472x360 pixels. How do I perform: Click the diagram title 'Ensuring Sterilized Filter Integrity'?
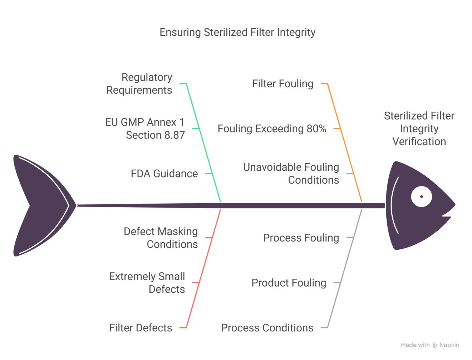tap(237, 32)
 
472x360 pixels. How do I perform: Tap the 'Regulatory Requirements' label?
tap(139, 84)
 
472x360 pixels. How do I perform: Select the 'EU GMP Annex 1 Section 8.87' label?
tap(145, 129)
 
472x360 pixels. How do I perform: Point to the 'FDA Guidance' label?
tap(164, 174)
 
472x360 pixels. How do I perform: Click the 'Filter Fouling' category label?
tap(282, 84)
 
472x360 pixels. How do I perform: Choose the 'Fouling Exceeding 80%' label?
tap(272, 129)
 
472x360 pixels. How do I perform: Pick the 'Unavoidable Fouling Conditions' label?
tap(291, 174)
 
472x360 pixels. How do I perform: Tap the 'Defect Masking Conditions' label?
tap(161, 238)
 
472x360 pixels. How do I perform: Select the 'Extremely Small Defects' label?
tap(147, 283)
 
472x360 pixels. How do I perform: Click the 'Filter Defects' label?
tap(141, 328)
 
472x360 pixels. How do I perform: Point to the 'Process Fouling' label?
tap(301, 238)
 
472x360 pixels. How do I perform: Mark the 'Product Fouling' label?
tap(289, 283)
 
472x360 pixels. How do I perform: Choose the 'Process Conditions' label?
tap(267, 328)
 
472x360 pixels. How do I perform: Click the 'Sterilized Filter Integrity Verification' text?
tap(419, 129)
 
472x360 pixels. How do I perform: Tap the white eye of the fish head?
tap(421, 196)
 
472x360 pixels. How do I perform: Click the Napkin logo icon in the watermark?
tap(435, 345)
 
